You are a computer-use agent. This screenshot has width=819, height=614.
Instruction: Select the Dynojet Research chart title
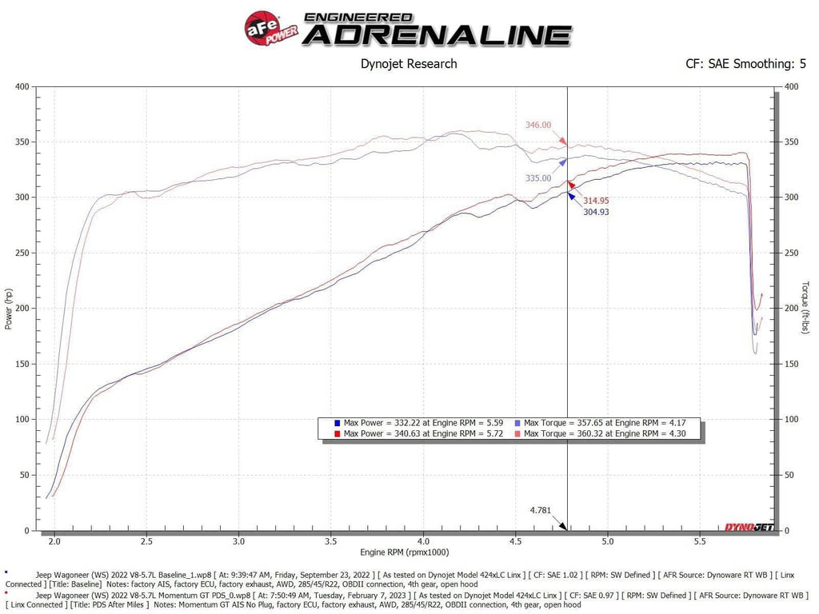pos(409,64)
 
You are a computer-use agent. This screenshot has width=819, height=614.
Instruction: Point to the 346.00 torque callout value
pos(538,125)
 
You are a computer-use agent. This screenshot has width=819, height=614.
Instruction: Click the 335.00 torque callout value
pos(538,178)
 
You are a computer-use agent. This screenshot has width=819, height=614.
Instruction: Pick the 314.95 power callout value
pos(597,200)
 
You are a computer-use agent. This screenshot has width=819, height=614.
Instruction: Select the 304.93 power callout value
pos(597,212)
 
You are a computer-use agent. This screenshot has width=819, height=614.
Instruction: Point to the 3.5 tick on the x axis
pos(331,541)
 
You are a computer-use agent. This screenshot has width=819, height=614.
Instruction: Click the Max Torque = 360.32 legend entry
pos(600,433)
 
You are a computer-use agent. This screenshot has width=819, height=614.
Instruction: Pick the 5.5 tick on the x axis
pos(700,541)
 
